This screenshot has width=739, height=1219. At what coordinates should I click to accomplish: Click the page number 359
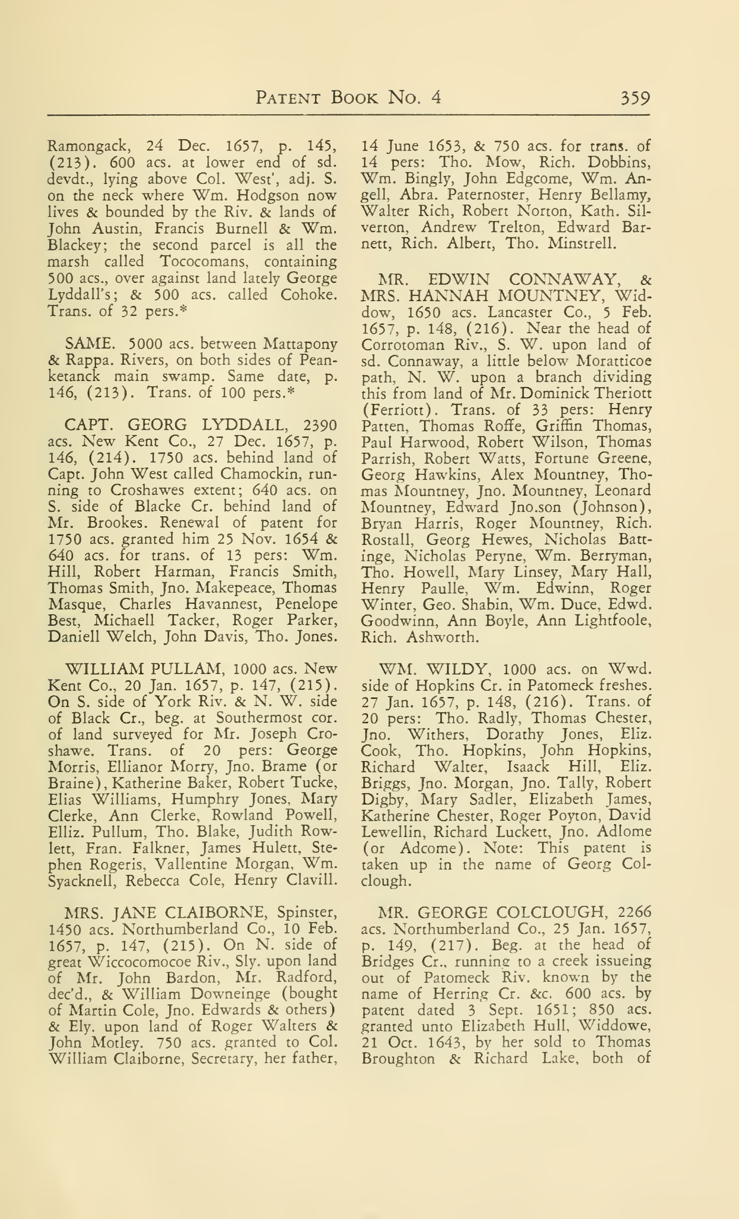tap(635, 98)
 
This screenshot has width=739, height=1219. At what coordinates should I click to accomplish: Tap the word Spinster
tap(307, 912)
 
